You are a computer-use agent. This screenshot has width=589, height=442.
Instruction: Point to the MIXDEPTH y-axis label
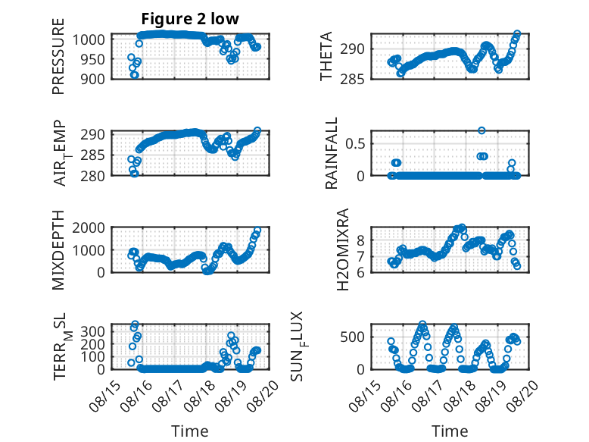pos(58,249)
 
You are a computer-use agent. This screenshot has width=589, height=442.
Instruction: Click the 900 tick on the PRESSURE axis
pos(96,78)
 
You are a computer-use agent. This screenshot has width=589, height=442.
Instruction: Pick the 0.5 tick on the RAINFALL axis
pos(357,143)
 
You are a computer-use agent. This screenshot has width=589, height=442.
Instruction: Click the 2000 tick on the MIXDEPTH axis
pos(93,227)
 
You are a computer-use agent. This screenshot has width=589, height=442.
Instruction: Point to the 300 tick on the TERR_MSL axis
pos(96,331)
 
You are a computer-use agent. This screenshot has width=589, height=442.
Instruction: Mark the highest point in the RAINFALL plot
pos(481,130)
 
